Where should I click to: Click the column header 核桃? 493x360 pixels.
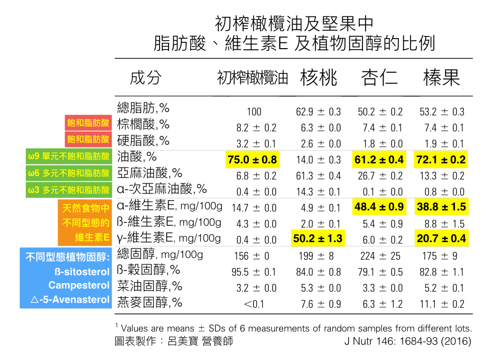click(319, 78)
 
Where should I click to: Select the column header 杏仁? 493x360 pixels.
click(379, 78)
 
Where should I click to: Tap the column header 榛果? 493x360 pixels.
click(442, 78)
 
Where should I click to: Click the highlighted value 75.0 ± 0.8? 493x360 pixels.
click(253, 160)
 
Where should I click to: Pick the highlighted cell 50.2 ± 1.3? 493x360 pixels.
click(318, 239)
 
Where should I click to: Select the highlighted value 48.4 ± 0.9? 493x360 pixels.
click(379, 207)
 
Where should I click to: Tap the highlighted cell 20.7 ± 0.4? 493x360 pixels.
click(442, 239)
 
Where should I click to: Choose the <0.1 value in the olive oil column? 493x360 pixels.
click(254, 304)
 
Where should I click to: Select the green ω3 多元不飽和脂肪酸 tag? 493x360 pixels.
click(69, 189)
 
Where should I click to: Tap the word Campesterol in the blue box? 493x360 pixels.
click(79, 285)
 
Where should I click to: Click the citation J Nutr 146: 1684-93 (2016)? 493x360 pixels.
click(407, 341)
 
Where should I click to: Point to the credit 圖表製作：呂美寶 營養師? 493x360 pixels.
click(174, 341)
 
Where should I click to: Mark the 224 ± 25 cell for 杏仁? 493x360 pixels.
click(380, 256)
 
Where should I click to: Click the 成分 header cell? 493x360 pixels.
click(145, 78)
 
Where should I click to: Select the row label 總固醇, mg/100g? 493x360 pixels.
click(160, 255)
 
